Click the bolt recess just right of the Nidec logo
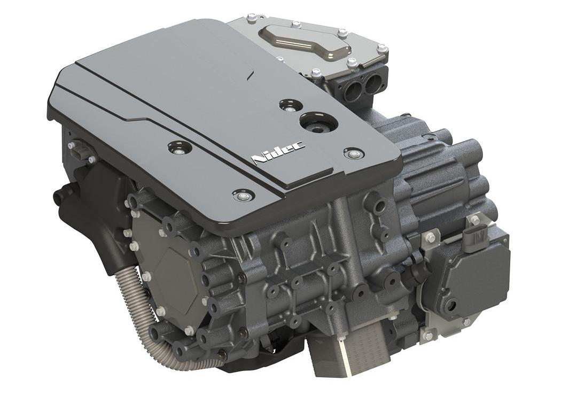point(354,152)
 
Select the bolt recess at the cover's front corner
point(243,196)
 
